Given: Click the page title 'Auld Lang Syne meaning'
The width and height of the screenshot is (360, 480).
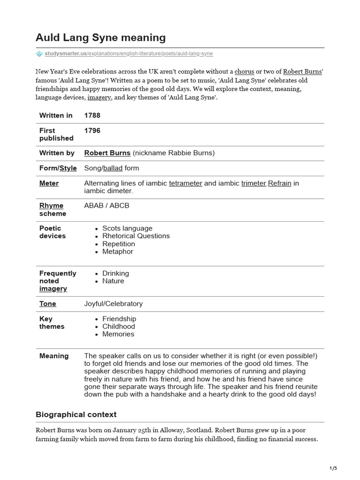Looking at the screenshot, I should coord(101,37).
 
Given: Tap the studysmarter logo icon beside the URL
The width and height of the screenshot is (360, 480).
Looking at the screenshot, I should coord(39,54).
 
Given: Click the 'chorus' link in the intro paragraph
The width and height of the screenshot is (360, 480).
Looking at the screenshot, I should coord(244,72).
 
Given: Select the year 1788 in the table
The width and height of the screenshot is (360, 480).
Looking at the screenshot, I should coord(92,115).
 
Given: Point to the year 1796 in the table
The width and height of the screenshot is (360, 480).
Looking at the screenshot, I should coord(92,130).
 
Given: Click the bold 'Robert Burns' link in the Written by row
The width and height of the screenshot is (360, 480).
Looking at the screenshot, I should coord(107,153).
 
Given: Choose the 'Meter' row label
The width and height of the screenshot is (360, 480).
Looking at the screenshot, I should coord(49,183).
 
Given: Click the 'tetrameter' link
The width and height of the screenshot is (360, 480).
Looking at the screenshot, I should coord(185,183).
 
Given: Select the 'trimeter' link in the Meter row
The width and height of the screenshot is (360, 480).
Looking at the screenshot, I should coord(254,183).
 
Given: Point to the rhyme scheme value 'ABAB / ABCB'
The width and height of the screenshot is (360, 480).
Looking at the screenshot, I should coord(106,206).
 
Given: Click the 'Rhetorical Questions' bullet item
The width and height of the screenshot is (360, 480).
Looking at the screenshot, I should coord(136,236).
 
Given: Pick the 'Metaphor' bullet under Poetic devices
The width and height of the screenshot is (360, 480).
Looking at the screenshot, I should coord(118,251).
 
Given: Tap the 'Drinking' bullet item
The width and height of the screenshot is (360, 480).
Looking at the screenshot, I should coord(116,273).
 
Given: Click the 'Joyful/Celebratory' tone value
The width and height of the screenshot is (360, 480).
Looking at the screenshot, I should coord(113,304).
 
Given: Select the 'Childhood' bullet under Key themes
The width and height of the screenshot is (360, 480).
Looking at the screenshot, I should coord(119,326).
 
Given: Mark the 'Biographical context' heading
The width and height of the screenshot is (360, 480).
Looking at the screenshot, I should coord(76,414).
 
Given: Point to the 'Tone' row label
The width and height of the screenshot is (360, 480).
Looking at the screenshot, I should coord(48,304).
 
